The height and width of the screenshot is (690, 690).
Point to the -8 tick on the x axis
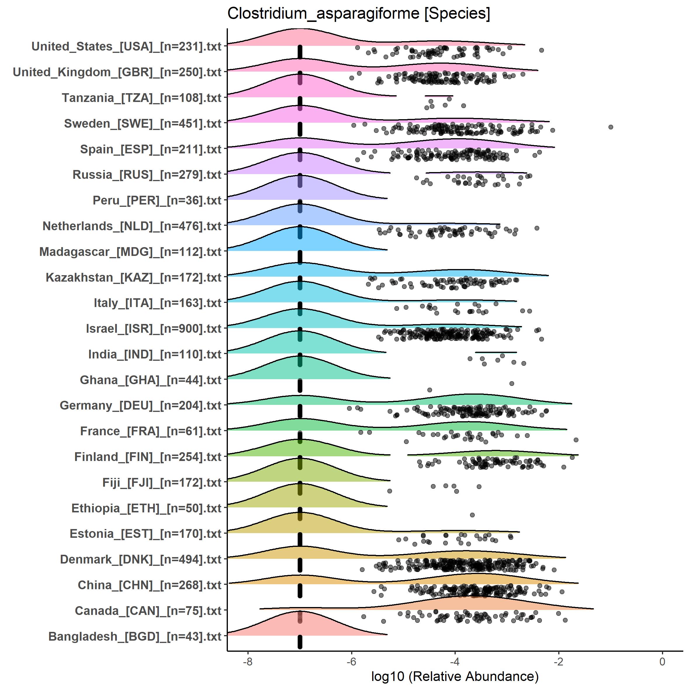point(247,661)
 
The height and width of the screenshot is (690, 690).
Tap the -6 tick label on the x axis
point(351,661)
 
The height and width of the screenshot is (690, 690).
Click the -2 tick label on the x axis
point(559,661)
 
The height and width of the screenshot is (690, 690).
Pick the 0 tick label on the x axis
point(662,661)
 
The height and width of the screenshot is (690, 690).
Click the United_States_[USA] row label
point(126,46)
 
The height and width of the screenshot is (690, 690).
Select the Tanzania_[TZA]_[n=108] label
point(141,98)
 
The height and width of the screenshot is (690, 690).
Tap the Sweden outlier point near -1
point(611,127)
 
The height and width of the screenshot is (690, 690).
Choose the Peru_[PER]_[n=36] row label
point(157,200)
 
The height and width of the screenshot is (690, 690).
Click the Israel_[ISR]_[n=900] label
point(154,329)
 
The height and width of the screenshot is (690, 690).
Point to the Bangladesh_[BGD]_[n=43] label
point(135,637)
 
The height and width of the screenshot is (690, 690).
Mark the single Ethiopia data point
point(472,515)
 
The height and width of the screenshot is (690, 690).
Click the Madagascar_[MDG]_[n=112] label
point(130,252)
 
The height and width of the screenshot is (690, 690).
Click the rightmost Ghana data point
point(512,384)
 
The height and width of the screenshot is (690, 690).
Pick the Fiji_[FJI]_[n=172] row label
point(162,483)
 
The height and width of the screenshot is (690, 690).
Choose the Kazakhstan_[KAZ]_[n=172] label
point(134,278)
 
